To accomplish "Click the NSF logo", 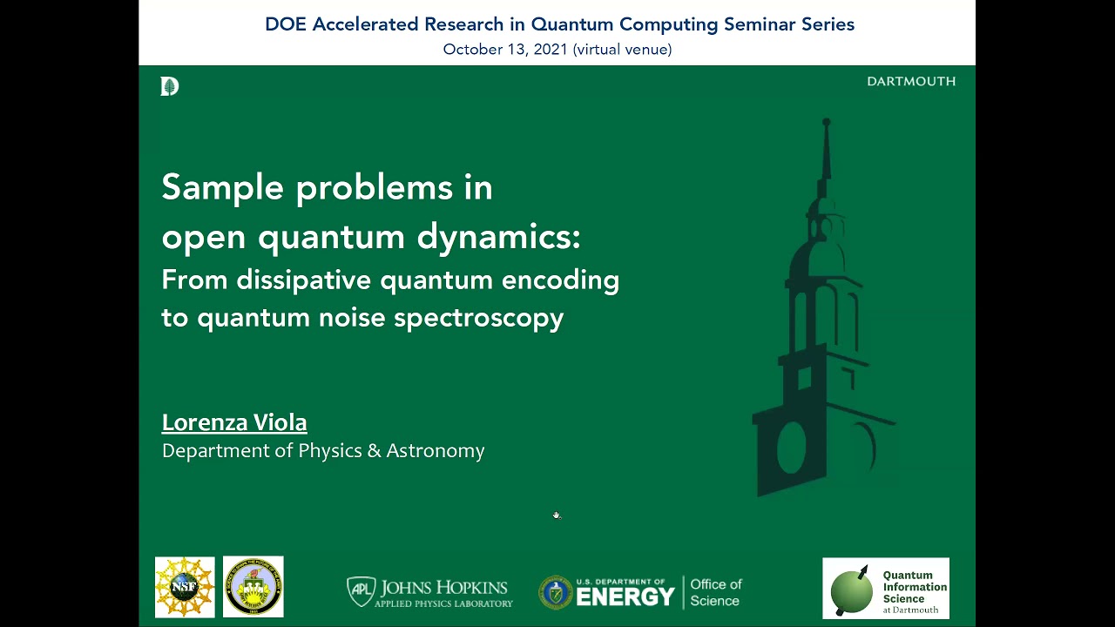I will [x=185, y=588].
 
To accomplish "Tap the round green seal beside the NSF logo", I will [x=253, y=588].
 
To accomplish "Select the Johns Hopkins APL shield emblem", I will [x=360, y=591].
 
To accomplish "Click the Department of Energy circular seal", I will [x=555, y=592].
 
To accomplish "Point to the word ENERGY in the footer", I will [x=625, y=597].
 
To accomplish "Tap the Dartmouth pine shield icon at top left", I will [x=169, y=86].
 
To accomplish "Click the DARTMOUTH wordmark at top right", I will [x=911, y=81].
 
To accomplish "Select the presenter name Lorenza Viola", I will [x=234, y=422].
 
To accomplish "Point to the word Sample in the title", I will [x=223, y=187].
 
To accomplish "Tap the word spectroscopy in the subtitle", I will [x=479, y=318].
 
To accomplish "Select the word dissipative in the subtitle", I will [x=304, y=280].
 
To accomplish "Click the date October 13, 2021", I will [x=504, y=50].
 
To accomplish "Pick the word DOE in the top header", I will [x=286, y=24].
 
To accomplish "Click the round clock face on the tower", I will [x=792, y=445].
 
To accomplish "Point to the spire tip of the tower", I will [x=826, y=123].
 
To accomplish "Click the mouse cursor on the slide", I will [x=557, y=516].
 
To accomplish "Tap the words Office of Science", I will [x=715, y=592].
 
